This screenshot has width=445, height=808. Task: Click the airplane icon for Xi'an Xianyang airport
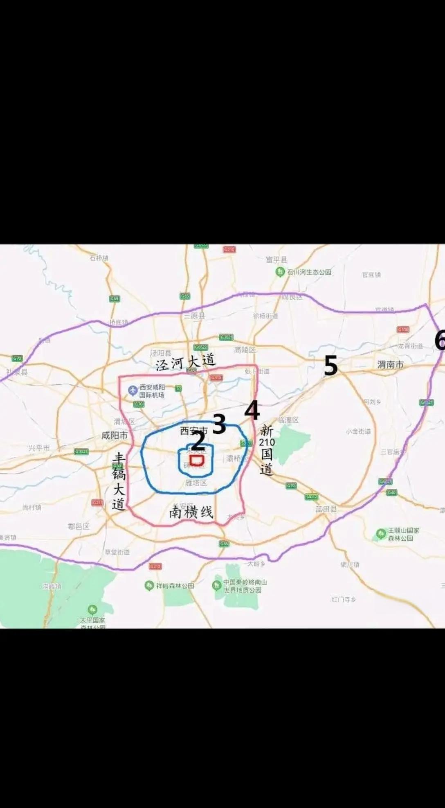(133, 390)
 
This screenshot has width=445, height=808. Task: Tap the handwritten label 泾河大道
(185, 362)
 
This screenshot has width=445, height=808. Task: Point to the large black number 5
(330, 366)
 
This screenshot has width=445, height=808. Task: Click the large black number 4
(252, 410)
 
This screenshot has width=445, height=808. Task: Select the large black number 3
(219, 424)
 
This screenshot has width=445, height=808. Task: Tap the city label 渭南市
(390, 364)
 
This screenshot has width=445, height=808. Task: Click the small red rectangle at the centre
(197, 460)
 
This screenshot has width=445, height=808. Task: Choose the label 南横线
(191, 512)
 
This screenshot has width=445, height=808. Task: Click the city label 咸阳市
(115, 436)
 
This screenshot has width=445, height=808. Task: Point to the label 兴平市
(39, 448)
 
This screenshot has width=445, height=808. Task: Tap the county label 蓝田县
(326, 509)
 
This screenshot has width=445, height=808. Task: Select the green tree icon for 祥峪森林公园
(149, 586)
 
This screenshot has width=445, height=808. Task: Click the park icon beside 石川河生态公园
(280, 272)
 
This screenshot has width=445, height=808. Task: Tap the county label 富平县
(276, 260)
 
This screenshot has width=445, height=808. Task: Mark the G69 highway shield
(115, 299)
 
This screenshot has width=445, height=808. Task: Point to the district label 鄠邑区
(79, 526)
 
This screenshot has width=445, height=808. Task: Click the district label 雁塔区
(196, 483)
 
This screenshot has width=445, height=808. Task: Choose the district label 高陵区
(245, 350)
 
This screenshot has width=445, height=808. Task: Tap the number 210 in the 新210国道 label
(267, 442)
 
